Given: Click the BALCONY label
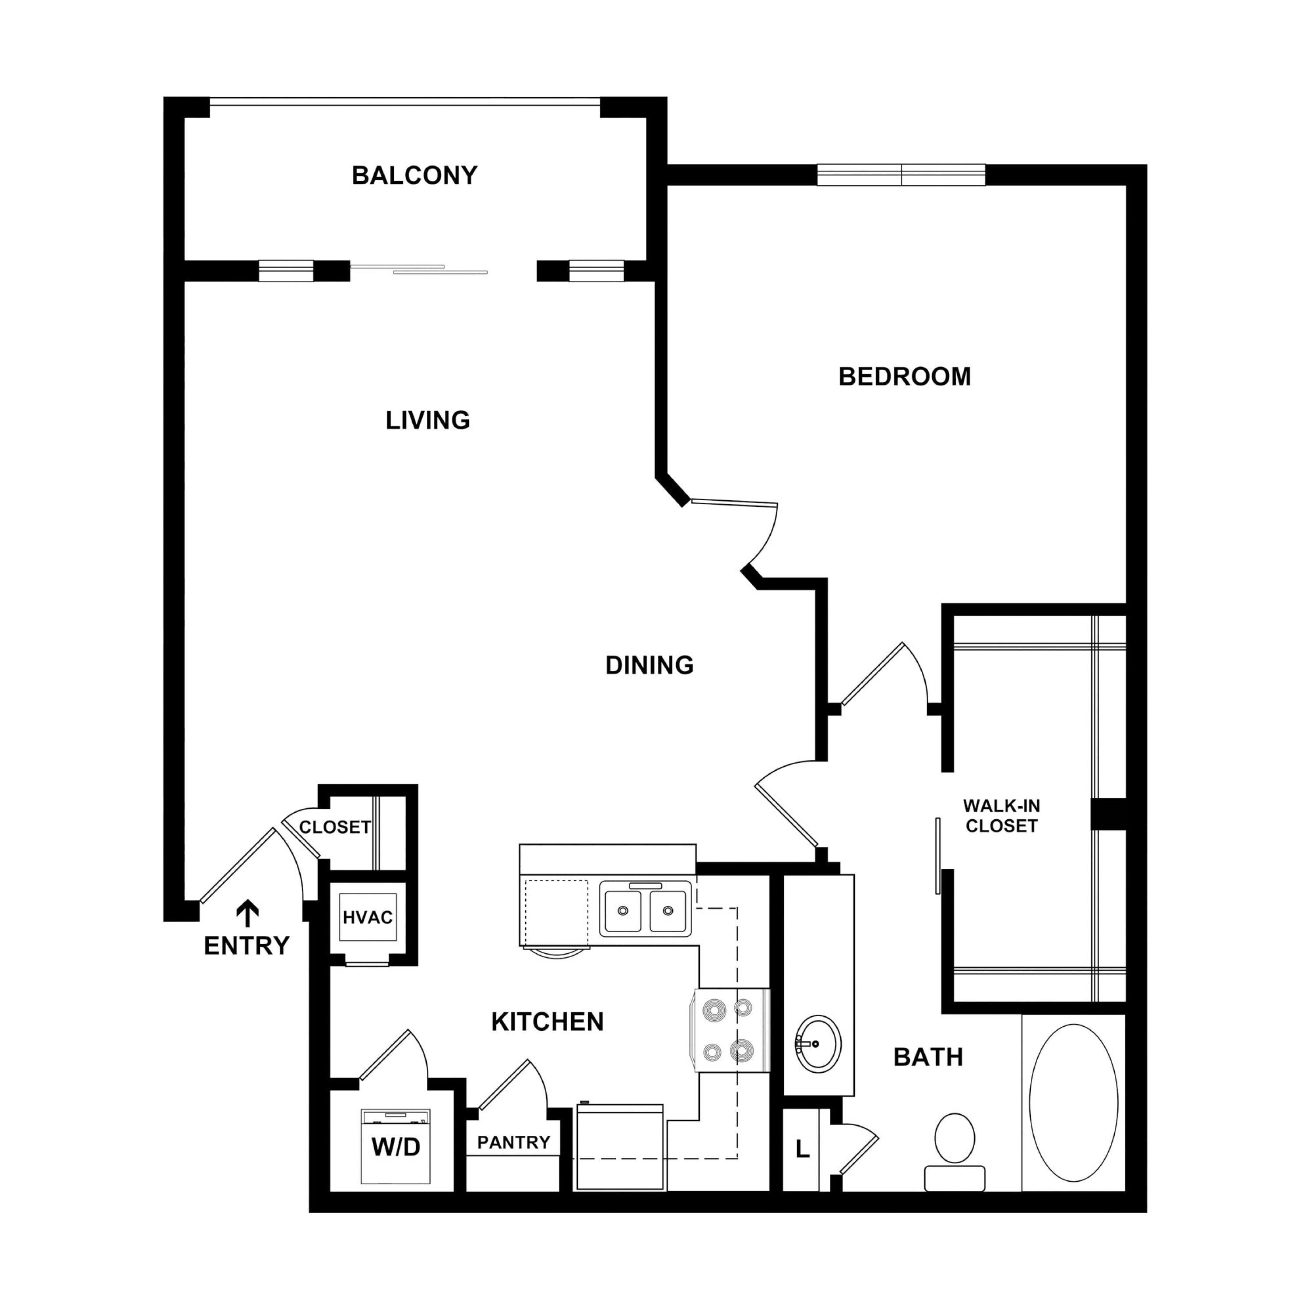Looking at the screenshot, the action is (414, 176).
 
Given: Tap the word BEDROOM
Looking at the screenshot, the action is (905, 376).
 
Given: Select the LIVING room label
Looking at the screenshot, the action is (428, 420).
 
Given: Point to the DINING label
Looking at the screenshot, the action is (649, 665).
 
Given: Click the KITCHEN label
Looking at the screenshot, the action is (547, 1022).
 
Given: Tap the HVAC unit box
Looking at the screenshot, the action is (368, 917).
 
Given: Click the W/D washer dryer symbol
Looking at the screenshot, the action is (396, 1147).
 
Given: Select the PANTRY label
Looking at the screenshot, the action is (514, 1142).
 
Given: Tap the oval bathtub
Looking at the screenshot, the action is (1073, 1103).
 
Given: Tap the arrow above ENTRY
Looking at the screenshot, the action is (247, 914).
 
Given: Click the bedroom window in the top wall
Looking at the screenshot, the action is (901, 175).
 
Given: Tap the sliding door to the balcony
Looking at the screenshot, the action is (419, 269).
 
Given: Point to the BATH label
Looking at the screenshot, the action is (928, 1057).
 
